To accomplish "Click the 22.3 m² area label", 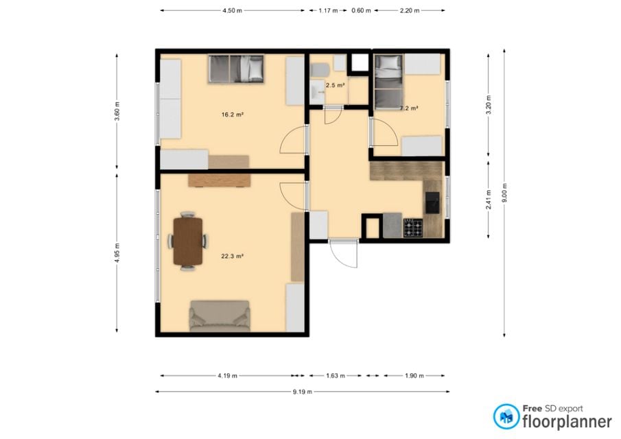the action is [232, 256].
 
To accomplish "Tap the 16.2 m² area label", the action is [232, 115].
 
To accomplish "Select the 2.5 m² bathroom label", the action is [335, 85].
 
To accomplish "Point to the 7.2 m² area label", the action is [410, 108].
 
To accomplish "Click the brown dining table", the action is [188, 241].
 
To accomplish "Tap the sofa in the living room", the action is [220, 316].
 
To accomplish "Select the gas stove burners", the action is [412, 228].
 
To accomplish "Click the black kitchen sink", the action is [432, 202].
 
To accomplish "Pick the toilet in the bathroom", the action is [320, 71].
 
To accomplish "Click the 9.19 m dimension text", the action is [303, 392].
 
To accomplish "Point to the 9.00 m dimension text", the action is [504, 193].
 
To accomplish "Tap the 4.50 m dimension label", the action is [232, 11].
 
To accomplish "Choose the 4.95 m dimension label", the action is [117, 253].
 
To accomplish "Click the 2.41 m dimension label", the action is [489, 200].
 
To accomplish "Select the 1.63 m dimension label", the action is [336, 376].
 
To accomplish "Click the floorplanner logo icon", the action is [506, 416].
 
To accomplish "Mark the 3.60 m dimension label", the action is [117, 112].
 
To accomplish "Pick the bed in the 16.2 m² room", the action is [236, 69].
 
